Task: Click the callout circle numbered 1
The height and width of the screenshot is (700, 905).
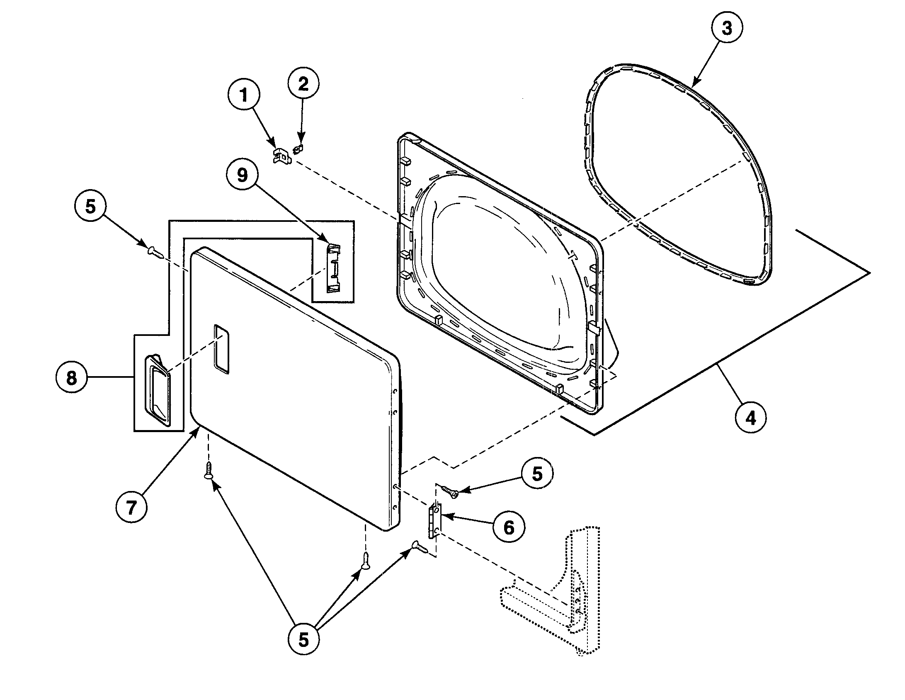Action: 244,96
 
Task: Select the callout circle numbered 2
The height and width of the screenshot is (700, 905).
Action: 303,84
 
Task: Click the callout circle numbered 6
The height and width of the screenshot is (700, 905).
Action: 509,527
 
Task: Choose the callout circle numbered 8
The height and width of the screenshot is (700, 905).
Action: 71,378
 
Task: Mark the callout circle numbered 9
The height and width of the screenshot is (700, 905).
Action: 242,175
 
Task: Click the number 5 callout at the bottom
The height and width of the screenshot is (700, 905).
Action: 303,640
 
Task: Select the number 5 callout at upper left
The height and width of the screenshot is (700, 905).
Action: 90,206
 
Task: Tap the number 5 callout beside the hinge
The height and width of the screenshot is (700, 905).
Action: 537,474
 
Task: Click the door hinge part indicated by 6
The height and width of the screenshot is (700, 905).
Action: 435,521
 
